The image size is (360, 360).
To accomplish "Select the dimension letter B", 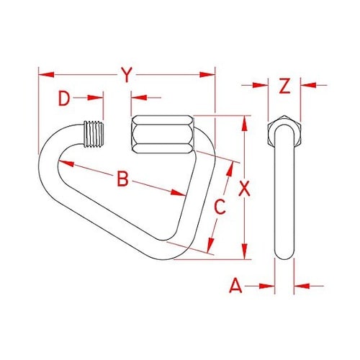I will point(122,179).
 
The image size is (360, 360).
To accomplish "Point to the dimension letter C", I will point(221,207).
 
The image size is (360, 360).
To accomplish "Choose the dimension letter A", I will point(235,286).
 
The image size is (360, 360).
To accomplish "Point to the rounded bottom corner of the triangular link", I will point(184,253).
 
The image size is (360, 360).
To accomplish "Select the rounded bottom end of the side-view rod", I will point(284,256).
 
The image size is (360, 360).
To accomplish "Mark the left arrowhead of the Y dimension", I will point(42,73).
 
